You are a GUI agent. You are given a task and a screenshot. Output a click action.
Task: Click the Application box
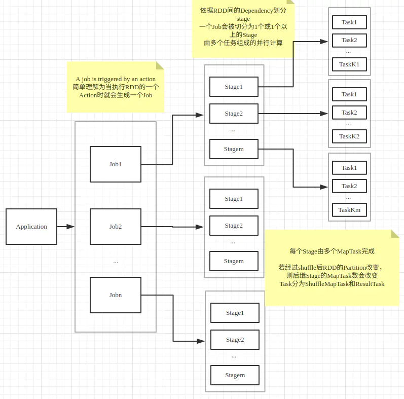[x=31, y=227]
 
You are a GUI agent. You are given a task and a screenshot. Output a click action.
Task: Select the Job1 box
[x=116, y=164]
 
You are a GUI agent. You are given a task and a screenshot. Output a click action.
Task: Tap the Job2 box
[x=116, y=227]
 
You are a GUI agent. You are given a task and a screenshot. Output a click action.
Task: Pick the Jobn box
[x=116, y=295]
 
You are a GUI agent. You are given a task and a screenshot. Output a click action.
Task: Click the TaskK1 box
[x=349, y=64]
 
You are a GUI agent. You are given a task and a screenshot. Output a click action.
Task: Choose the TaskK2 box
[x=349, y=136]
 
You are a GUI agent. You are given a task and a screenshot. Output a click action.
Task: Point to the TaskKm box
[x=349, y=210]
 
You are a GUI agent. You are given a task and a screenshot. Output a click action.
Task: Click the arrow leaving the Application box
[x=65, y=227]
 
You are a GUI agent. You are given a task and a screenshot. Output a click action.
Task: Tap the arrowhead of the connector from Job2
[x=201, y=227]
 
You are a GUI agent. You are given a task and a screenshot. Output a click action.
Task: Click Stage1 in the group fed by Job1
[x=234, y=87]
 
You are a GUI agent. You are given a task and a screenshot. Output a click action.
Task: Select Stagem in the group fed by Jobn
[x=235, y=375]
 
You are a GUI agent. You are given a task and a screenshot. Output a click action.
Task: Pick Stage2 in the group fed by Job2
[x=234, y=226]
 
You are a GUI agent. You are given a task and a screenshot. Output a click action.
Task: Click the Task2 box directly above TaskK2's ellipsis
[x=349, y=113]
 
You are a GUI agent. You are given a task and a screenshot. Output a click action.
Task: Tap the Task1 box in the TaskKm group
[x=349, y=168]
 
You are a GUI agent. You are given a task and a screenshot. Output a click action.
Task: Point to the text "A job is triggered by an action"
[x=116, y=79]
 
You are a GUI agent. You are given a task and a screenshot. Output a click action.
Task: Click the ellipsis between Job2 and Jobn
[x=116, y=262]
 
